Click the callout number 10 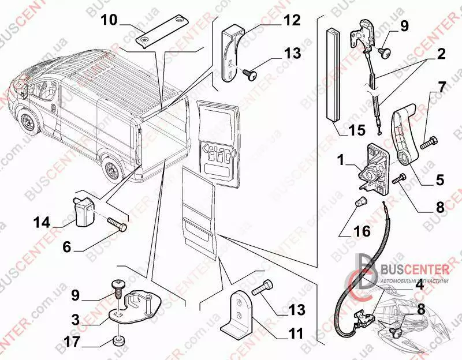(109, 21)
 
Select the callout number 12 (292, 21)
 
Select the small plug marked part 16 (359, 202)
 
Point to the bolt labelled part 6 (117, 226)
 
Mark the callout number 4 (419, 284)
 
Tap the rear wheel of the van (111, 170)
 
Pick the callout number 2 (441, 57)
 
